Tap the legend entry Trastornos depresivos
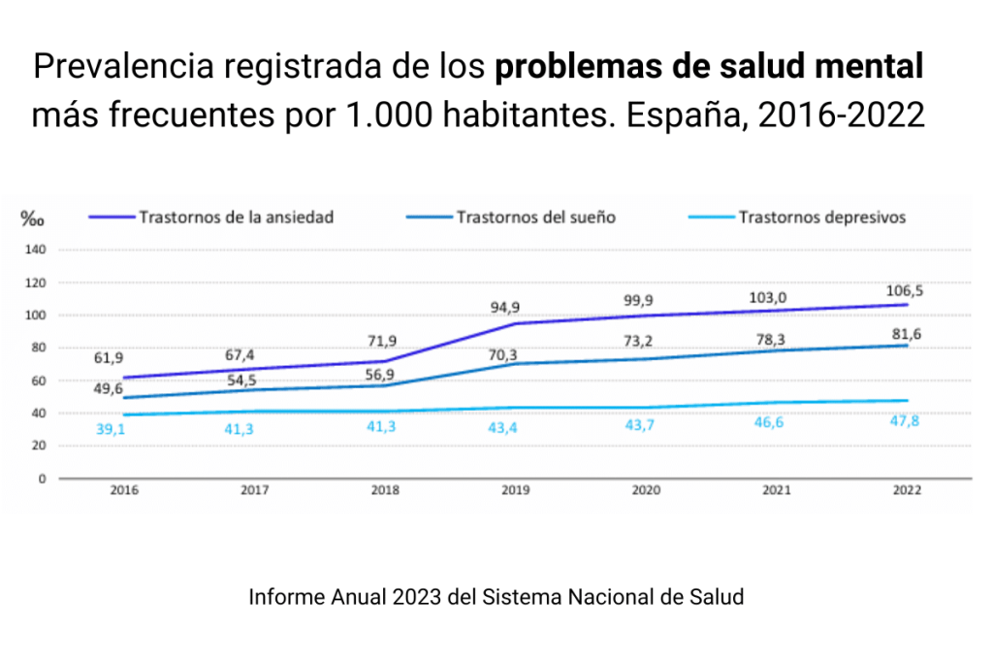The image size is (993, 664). (x=821, y=217)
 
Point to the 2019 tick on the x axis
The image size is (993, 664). (x=515, y=491)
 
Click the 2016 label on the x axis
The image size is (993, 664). (x=124, y=491)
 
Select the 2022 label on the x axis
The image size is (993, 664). (x=907, y=491)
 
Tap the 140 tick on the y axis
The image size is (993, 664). (x=36, y=249)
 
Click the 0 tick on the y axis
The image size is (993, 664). (x=42, y=479)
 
